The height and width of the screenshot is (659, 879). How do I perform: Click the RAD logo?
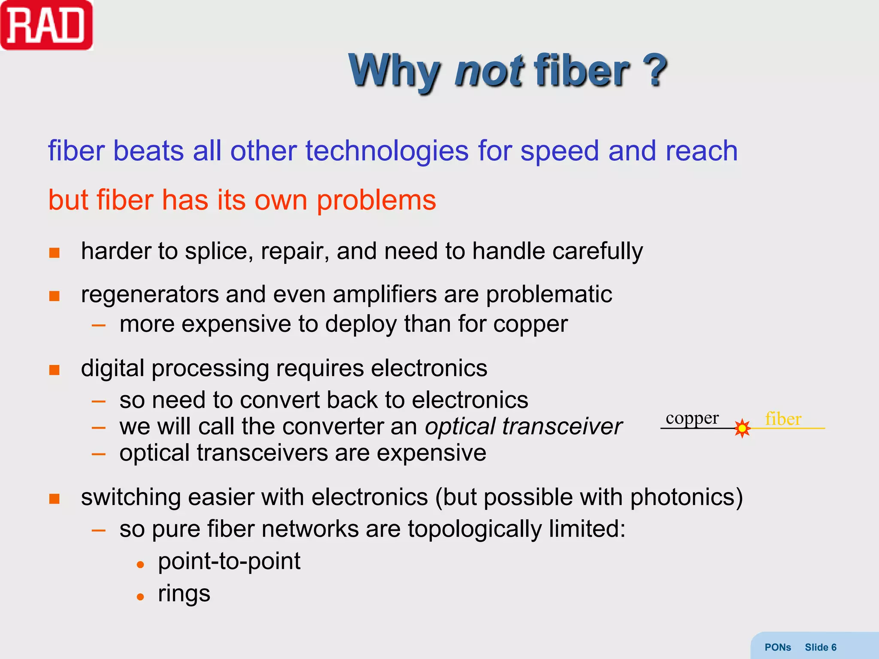[46, 26]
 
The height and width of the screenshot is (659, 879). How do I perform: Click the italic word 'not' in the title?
[488, 70]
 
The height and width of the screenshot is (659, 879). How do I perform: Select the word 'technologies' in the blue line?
[387, 151]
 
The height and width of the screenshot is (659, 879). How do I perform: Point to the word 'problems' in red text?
[376, 200]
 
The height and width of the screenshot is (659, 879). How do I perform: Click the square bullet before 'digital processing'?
[55, 370]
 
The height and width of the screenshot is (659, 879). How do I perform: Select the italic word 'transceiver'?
[562, 426]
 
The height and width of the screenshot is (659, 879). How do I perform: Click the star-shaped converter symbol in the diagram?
[742, 428]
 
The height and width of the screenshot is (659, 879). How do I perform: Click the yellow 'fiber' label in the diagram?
[783, 419]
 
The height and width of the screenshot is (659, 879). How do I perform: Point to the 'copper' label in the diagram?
[692, 418]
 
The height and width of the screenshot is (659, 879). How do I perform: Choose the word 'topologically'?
[475, 529]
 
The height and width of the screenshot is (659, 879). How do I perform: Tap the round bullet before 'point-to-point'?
[140, 565]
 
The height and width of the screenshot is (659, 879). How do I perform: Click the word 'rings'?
[184, 594]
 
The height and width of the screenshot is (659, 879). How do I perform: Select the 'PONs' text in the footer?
[778, 647]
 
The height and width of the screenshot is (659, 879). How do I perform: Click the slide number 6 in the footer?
[834, 647]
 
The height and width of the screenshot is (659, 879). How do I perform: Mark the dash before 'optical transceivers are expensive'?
[99, 454]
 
